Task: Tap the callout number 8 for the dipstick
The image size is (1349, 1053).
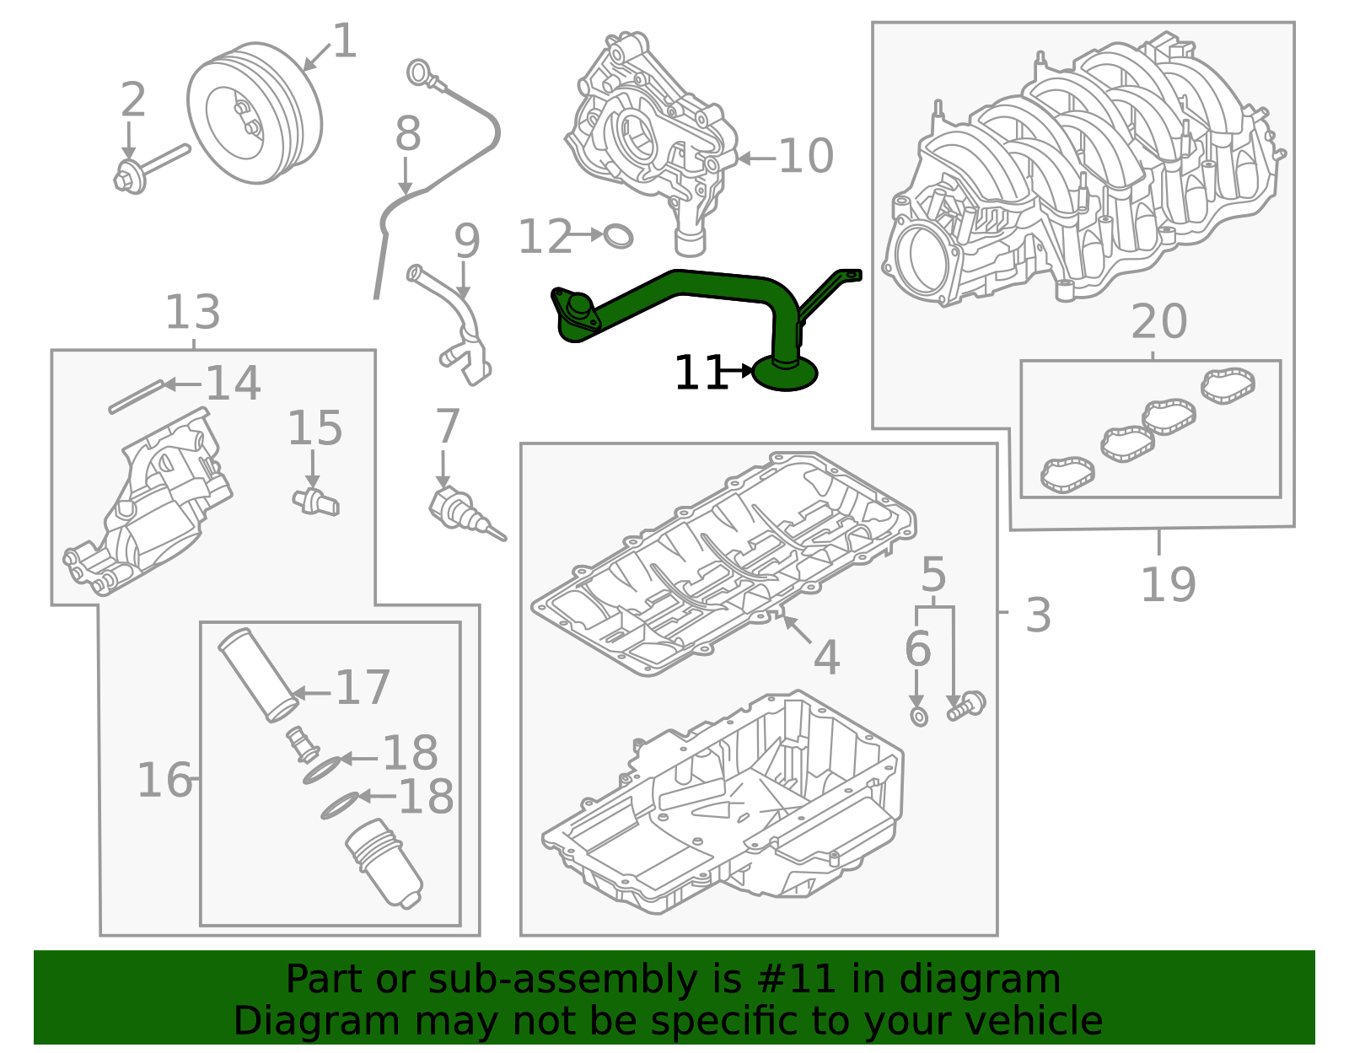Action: tap(408, 133)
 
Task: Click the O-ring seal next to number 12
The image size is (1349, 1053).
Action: tap(618, 236)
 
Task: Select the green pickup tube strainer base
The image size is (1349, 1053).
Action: tap(785, 373)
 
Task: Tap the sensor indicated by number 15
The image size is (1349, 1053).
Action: tap(315, 501)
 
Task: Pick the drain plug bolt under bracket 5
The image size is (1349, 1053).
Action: tap(966, 705)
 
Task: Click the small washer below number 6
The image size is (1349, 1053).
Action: tap(919, 717)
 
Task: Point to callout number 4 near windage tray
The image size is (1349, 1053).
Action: tap(826, 658)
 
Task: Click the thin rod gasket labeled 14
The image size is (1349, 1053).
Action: tap(135, 397)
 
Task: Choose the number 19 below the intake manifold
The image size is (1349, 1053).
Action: tap(1168, 584)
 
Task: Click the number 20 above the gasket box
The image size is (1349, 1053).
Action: tap(1158, 321)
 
